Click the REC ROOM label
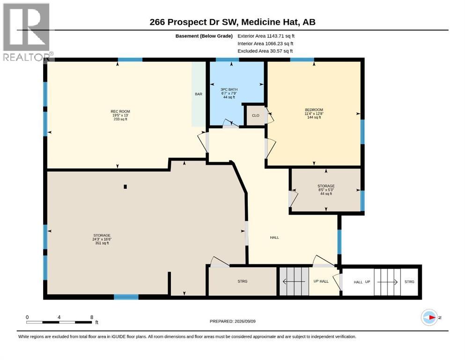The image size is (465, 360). (120, 112)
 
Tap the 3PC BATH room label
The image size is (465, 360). (229, 90)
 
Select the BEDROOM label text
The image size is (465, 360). (314, 110)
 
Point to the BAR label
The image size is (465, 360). (199, 94)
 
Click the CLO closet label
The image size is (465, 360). (256, 115)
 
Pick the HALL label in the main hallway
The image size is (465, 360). (274, 238)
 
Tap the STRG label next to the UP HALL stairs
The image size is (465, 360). (242, 281)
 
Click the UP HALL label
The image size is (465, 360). (321, 281)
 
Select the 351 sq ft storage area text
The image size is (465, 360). (102, 243)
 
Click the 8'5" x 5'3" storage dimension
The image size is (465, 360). (326, 190)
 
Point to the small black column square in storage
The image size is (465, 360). (125, 187)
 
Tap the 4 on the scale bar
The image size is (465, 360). (59, 317)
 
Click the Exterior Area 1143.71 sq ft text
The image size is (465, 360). (266, 36)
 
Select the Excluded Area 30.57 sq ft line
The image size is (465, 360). (265, 51)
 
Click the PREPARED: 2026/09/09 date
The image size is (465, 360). (232, 322)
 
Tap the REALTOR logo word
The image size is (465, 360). (27, 57)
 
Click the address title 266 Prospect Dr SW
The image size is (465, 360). (194, 22)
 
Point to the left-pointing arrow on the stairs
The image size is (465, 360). (294, 281)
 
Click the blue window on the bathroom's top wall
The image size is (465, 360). (228, 60)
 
